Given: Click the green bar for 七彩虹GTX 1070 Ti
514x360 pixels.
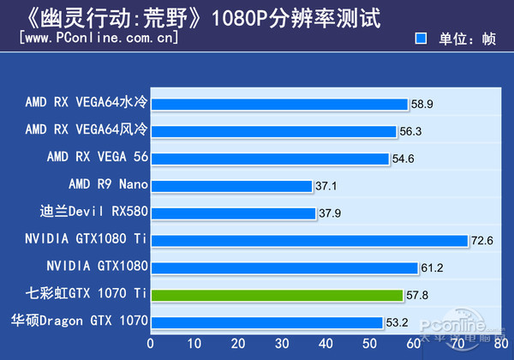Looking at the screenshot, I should (x=277, y=295).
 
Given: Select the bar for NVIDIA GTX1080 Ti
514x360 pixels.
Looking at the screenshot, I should (x=308, y=241).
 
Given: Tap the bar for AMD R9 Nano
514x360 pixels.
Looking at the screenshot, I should (x=231, y=186).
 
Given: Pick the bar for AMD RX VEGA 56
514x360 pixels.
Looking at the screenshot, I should (x=270, y=159).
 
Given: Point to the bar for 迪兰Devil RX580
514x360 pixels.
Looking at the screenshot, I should (x=233, y=213).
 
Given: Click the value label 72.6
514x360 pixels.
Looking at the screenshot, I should (x=482, y=241).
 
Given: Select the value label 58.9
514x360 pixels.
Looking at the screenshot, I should (x=422, y=105).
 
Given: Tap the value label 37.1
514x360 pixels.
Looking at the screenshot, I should (x=326, y=186).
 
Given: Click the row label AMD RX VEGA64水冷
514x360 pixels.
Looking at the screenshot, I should (x=87, y=105).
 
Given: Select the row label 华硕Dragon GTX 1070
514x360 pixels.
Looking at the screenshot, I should (x=80, y=322).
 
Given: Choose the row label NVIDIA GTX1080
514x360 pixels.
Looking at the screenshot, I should (x=97, y=267).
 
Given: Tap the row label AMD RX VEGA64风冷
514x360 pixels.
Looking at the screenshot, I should (x=87, y=131).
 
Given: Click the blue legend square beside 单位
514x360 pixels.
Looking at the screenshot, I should (x=421, y=39).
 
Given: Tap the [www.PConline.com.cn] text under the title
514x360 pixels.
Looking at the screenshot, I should (x=99, y=39).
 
